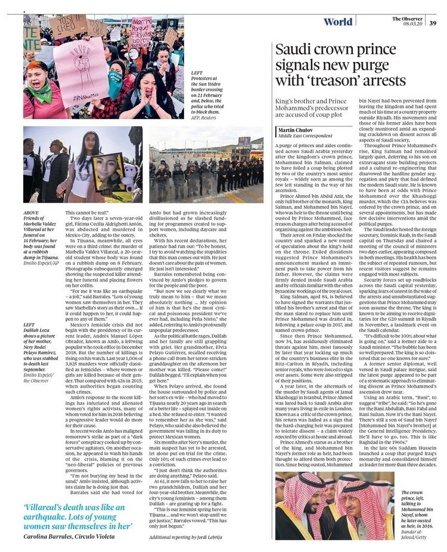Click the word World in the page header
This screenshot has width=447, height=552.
[337, 22]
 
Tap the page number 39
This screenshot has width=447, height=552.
[433, 23]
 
